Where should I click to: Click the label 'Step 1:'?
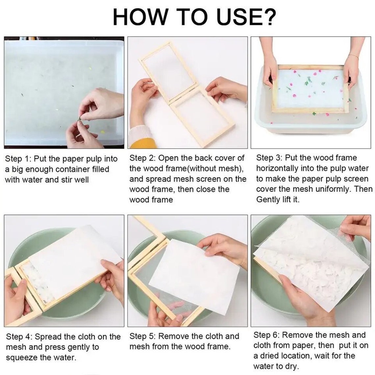click(x=18, y=159)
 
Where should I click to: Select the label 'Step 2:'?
click(x=142, y=158)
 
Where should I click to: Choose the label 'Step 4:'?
click(x=19, y=337)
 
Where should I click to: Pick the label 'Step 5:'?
click(x=142, y=336)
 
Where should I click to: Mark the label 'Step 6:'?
click(x=266, y=335)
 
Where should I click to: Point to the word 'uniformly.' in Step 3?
click(x=334, y=189)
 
